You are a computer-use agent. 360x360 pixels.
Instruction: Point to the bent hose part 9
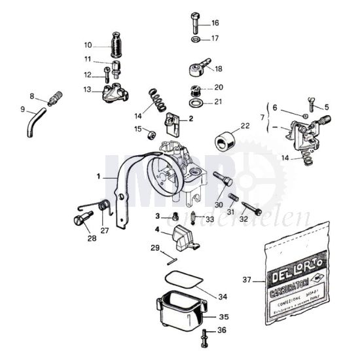(x=35, y=122)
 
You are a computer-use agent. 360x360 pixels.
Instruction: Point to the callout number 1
(x=99, y=177)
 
